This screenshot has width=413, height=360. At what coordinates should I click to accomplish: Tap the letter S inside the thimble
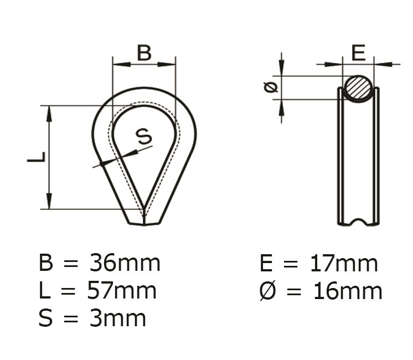(143, 136)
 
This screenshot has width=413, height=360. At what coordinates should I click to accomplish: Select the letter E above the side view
(359, 53)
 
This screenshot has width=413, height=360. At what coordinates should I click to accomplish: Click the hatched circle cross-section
(358, 88)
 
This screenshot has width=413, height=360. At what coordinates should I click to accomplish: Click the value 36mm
(125, 263)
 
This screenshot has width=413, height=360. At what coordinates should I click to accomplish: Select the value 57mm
(122, 291)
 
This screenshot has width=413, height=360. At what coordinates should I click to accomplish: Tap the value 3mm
(117, 318)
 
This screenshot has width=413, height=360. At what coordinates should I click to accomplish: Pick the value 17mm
(344, 263)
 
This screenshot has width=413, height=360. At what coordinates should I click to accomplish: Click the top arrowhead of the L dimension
(49, 113)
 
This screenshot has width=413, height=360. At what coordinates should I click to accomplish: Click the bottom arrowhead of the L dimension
(49, 202)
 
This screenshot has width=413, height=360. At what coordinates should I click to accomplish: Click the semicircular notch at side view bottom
(359, 222)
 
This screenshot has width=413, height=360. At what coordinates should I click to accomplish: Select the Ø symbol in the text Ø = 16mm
(267, 291)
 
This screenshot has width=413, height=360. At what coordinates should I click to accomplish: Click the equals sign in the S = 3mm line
(70, 319)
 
